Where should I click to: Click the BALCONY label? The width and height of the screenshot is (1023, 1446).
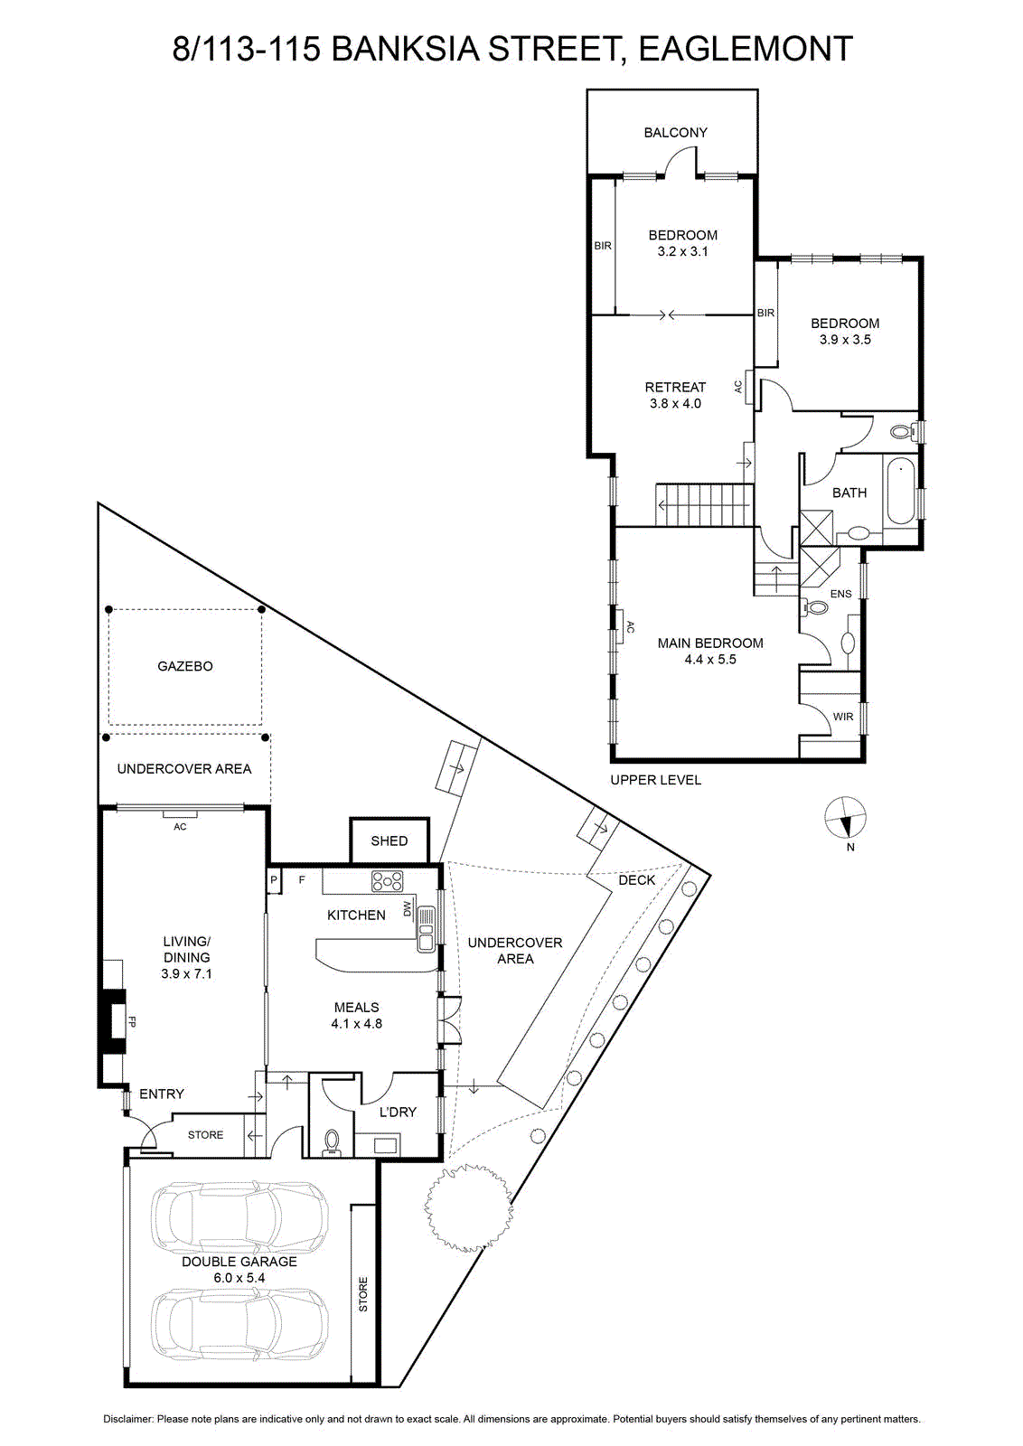(675, 132)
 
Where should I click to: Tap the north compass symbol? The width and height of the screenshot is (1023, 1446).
(845, 817)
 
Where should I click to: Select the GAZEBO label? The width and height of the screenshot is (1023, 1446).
(185, 666)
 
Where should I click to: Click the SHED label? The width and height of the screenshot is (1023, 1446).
(389, 840)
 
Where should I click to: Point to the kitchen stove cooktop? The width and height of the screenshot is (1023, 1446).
(388, 881)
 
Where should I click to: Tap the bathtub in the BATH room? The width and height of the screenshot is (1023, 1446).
(900, 492)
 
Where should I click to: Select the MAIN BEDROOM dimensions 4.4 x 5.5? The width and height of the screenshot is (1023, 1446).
(710, 659)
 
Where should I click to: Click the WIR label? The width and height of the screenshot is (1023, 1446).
(843, 717)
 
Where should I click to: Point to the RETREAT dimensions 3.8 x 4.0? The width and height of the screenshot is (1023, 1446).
(675, 403)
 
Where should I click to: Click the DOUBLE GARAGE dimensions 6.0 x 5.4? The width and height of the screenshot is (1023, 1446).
(239, 1278)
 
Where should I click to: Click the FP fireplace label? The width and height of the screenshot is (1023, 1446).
(132, 1022)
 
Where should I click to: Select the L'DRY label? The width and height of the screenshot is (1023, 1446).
(398, 1112)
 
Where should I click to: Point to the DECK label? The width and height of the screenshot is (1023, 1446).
(636, 880)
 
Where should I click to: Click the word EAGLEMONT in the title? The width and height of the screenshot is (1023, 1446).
(746, 49)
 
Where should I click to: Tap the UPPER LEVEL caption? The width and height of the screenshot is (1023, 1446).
(656, 780)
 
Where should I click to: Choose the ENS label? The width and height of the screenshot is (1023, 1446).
(841, 594)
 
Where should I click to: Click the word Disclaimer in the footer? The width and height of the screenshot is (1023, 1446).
(128, 1420)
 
